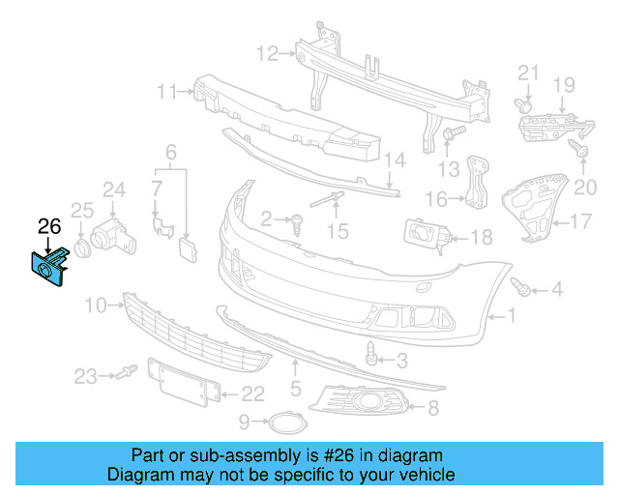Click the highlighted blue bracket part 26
pos(49,267)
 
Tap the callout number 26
pos(48,227)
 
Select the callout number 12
pos(267,52)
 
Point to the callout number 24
pos(114,189)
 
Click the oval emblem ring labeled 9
pos(284,422)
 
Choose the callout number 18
pos(481,236)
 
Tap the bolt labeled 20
pos(577,149)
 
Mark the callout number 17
pos(579,222)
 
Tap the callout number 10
pos(95,306)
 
